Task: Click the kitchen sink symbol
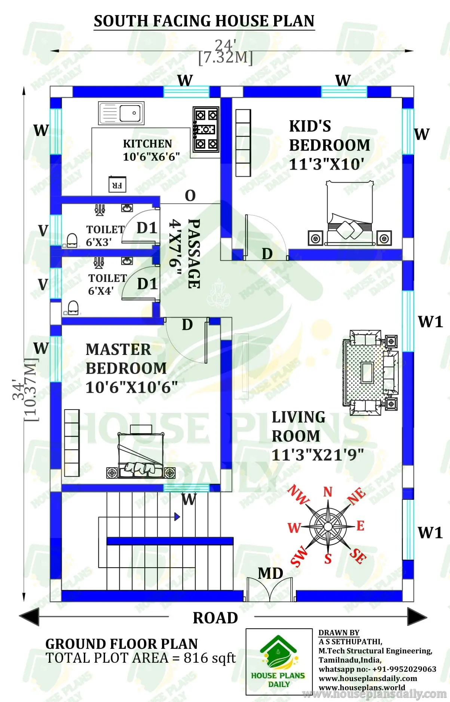[121, 113]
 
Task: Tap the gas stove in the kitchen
[206, 130]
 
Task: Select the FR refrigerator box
[117, 185]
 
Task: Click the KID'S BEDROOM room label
[329, 136]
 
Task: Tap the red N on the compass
[328, 492]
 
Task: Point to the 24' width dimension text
[225, 46]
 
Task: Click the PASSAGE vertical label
[194, 254]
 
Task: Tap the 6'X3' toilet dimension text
[99, 243]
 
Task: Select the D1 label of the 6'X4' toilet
[147, 284]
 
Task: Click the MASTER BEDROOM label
[126, 359]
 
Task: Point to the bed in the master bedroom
[141, 455]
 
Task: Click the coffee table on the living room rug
[367, 373]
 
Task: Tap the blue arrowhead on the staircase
[177, 517]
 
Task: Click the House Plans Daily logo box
[279, 662]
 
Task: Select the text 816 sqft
[209, 658]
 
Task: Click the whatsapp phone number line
[377, 669]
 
